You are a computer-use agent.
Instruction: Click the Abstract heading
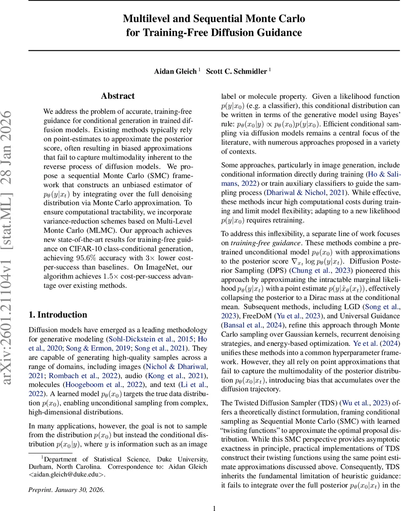click(118, 96)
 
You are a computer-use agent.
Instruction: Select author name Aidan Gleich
click(175, 71)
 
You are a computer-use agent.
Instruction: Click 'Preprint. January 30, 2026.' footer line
click(66, 489)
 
